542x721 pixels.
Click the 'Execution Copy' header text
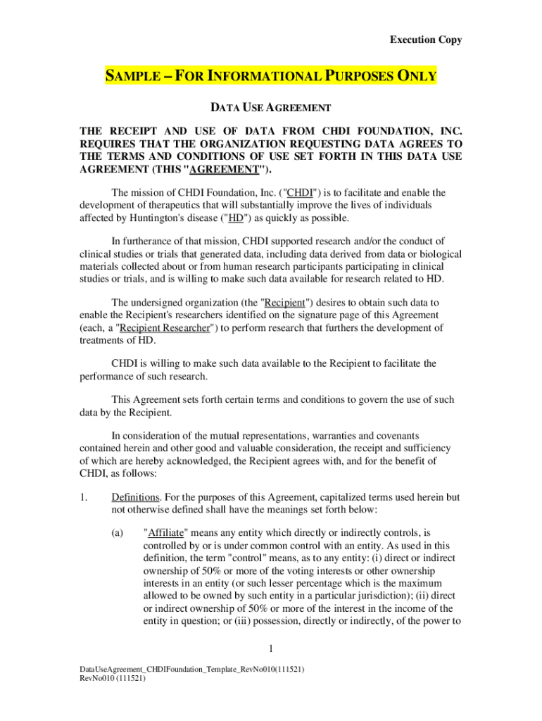(x=426, y=40)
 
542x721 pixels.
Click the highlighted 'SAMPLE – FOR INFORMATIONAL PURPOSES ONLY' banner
(x=271, y=76)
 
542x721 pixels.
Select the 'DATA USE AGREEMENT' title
(x=271, y=108)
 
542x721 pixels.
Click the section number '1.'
(x=85, y=497)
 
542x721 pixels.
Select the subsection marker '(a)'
(x=118, y=533)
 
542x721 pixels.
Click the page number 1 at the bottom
(x=271, y=648)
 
